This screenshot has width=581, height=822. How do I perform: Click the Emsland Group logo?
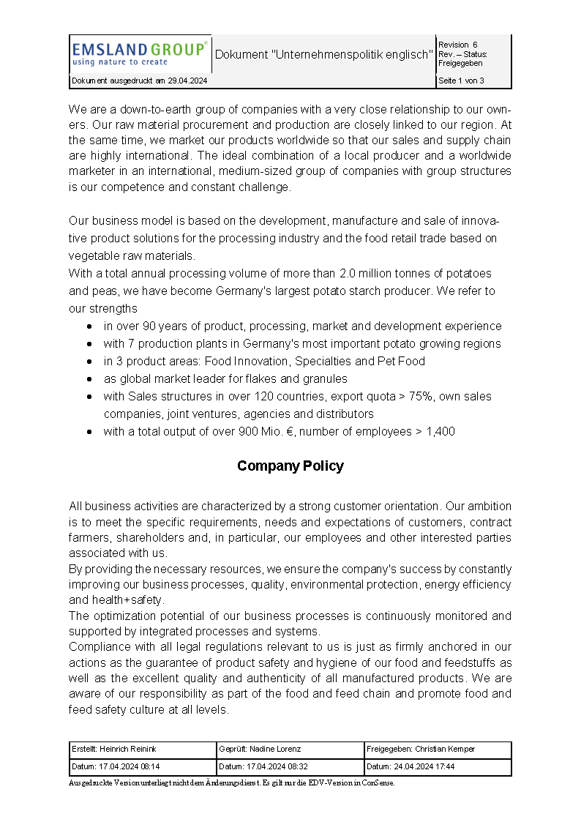point(139,53)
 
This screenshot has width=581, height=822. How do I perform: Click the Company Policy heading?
point(290,466)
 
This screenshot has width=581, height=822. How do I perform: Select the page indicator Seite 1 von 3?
point(461,81)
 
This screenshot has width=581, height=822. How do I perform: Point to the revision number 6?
point(475,45)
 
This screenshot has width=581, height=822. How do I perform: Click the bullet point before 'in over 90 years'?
point(89,326)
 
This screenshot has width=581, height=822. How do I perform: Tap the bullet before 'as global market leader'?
point(89,379)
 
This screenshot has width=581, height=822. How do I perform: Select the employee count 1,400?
point(441,432)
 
